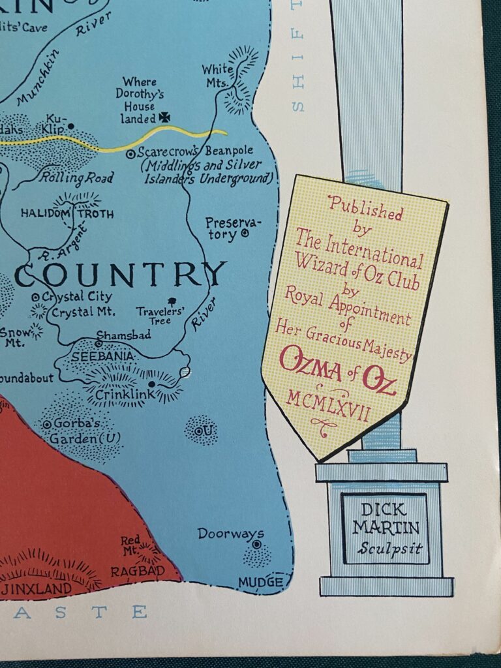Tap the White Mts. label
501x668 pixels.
coord(216,76)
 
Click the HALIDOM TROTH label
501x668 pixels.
coord(67,213)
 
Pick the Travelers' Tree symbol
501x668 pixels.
coord(172,301)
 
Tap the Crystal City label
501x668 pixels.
coord(72,296)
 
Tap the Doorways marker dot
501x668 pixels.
coord(256,544)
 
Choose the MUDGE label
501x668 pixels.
coord(260,581)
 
